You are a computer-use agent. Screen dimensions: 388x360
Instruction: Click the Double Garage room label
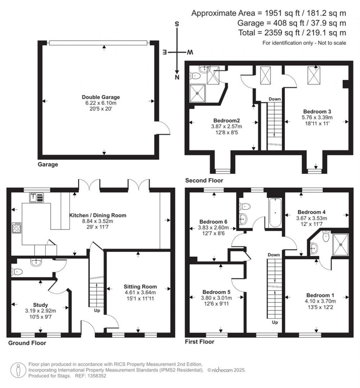(101, 97)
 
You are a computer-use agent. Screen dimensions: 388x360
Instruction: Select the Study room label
(41, 305)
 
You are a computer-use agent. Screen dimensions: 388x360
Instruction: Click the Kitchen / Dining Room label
(97, 215)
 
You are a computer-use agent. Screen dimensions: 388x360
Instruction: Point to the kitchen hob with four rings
(17, 228)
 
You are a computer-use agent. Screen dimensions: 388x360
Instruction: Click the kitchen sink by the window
(37, 198)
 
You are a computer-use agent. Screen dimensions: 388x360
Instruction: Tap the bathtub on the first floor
(275, 213)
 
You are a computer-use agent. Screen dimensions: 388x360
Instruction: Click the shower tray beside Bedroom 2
(199, 93)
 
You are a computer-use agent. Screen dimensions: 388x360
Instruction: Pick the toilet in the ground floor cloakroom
(17, 272)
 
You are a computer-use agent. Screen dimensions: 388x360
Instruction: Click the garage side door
(161, 128)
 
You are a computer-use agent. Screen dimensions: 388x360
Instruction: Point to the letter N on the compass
(178, 77)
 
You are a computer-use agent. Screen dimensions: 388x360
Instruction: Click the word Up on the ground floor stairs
(97, 311)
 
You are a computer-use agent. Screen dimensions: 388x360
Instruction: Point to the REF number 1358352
(95, 376)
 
